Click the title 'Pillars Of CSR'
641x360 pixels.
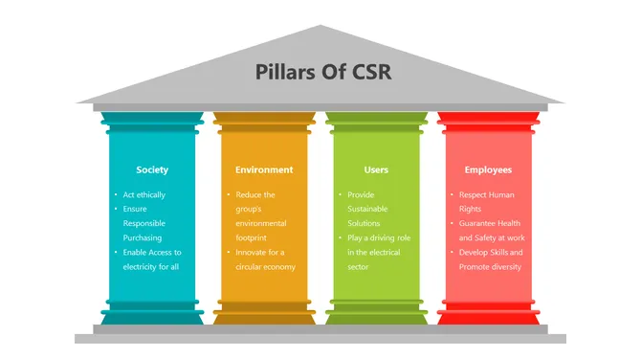tap(320, 72)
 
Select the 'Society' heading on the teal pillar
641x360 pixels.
tap(152, 169)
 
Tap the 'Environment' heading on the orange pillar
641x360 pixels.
tap(264, 169)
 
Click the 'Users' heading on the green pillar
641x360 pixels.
tap(376, 169)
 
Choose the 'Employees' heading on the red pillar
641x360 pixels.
tap(488, 169)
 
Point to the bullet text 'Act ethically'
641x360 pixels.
tap(144, 194)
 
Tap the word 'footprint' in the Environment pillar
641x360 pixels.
tap(255, 237)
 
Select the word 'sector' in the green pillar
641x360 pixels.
tap(360, 266)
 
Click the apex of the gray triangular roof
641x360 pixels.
tap(320, 28)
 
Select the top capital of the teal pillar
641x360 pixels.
tap(152, 121)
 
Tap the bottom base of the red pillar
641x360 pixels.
tap(488, 315)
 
